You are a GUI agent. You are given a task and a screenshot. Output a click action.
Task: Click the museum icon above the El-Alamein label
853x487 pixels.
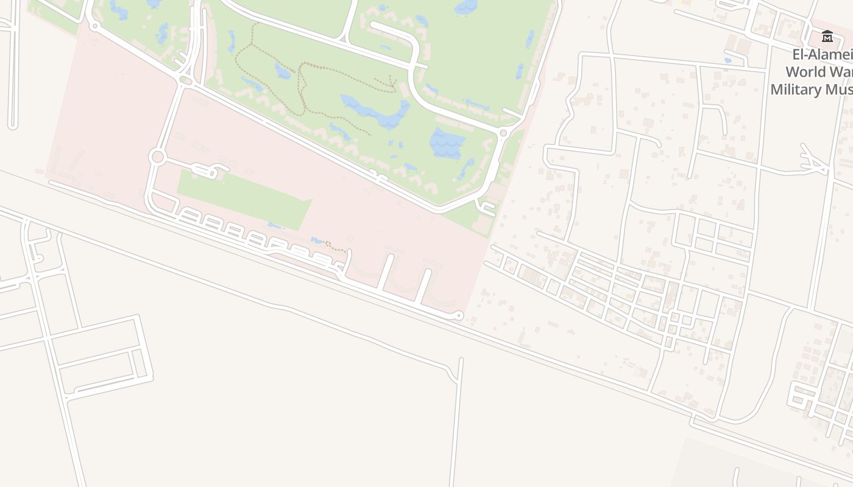point(827,37)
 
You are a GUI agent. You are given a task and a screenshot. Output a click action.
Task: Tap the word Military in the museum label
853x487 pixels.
point(796,89)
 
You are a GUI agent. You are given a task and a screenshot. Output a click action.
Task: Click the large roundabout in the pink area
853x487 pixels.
point(157,157)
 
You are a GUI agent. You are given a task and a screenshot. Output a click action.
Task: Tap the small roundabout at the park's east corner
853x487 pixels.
point(503,133)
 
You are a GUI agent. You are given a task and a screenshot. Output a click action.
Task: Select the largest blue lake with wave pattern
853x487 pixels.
point(448,144)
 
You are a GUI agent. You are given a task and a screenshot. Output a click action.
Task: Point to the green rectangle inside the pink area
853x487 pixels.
point(244,198)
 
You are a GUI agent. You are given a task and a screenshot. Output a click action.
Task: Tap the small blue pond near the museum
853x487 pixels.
point(728,60)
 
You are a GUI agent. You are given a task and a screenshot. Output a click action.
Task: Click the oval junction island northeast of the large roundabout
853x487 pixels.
point(186,80)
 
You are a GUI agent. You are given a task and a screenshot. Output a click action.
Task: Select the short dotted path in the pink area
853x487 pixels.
point(334,247)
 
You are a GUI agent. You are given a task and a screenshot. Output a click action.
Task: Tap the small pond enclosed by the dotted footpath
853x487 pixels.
point(283,71)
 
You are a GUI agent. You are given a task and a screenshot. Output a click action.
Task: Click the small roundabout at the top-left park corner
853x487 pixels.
point(94,26)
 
